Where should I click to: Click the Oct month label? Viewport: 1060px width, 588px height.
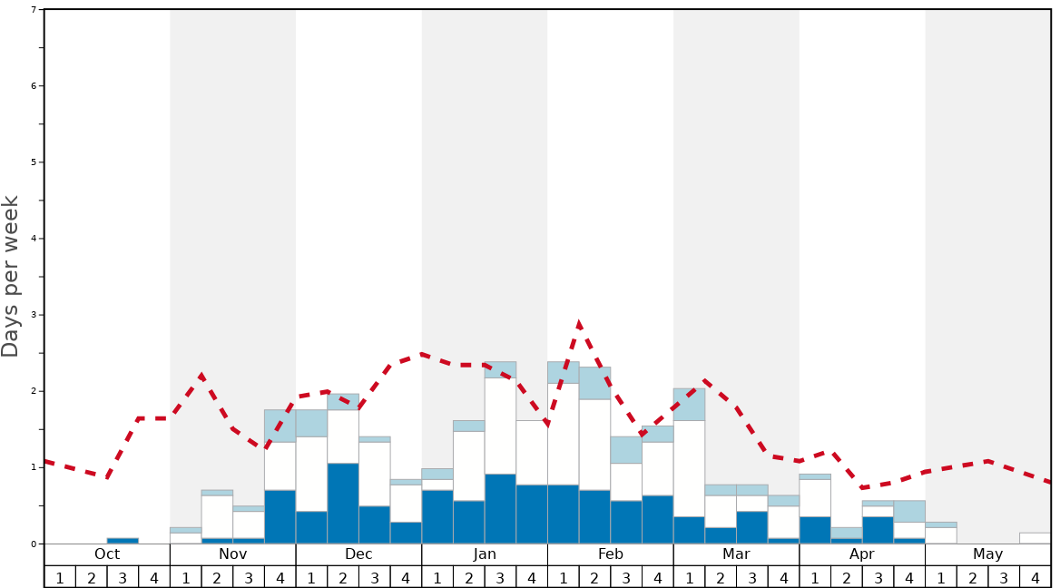point(107,554)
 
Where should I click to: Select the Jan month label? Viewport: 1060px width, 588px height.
point(485,554)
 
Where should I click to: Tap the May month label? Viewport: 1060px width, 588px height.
point(987,554)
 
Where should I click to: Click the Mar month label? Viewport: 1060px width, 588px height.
point(736,554)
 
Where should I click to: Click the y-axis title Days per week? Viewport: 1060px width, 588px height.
point(11,276)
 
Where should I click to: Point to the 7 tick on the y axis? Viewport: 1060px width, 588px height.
point(34,10)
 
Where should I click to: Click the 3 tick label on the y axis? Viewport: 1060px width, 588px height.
point(34,315)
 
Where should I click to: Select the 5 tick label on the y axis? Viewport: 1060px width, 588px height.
point(34,162)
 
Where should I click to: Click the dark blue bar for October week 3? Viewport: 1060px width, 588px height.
point(123,541)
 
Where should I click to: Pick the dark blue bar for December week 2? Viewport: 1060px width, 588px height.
point(343,504)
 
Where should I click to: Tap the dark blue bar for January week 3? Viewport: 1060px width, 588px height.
point(500,509)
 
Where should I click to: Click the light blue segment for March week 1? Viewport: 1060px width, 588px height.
point(689,404)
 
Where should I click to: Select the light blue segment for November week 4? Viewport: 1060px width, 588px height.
point(280,426)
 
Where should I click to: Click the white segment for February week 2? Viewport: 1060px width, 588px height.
point(594,445)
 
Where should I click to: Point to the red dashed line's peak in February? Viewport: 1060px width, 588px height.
point(579,323)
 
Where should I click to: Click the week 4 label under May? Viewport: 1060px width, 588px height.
point(1035,577)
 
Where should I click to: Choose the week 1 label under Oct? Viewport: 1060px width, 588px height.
point(60,577)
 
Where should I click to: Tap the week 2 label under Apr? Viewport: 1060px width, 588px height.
point(846,577)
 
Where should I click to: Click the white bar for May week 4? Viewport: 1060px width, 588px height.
point(1035,538)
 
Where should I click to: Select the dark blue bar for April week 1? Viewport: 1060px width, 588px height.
point(815,530)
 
